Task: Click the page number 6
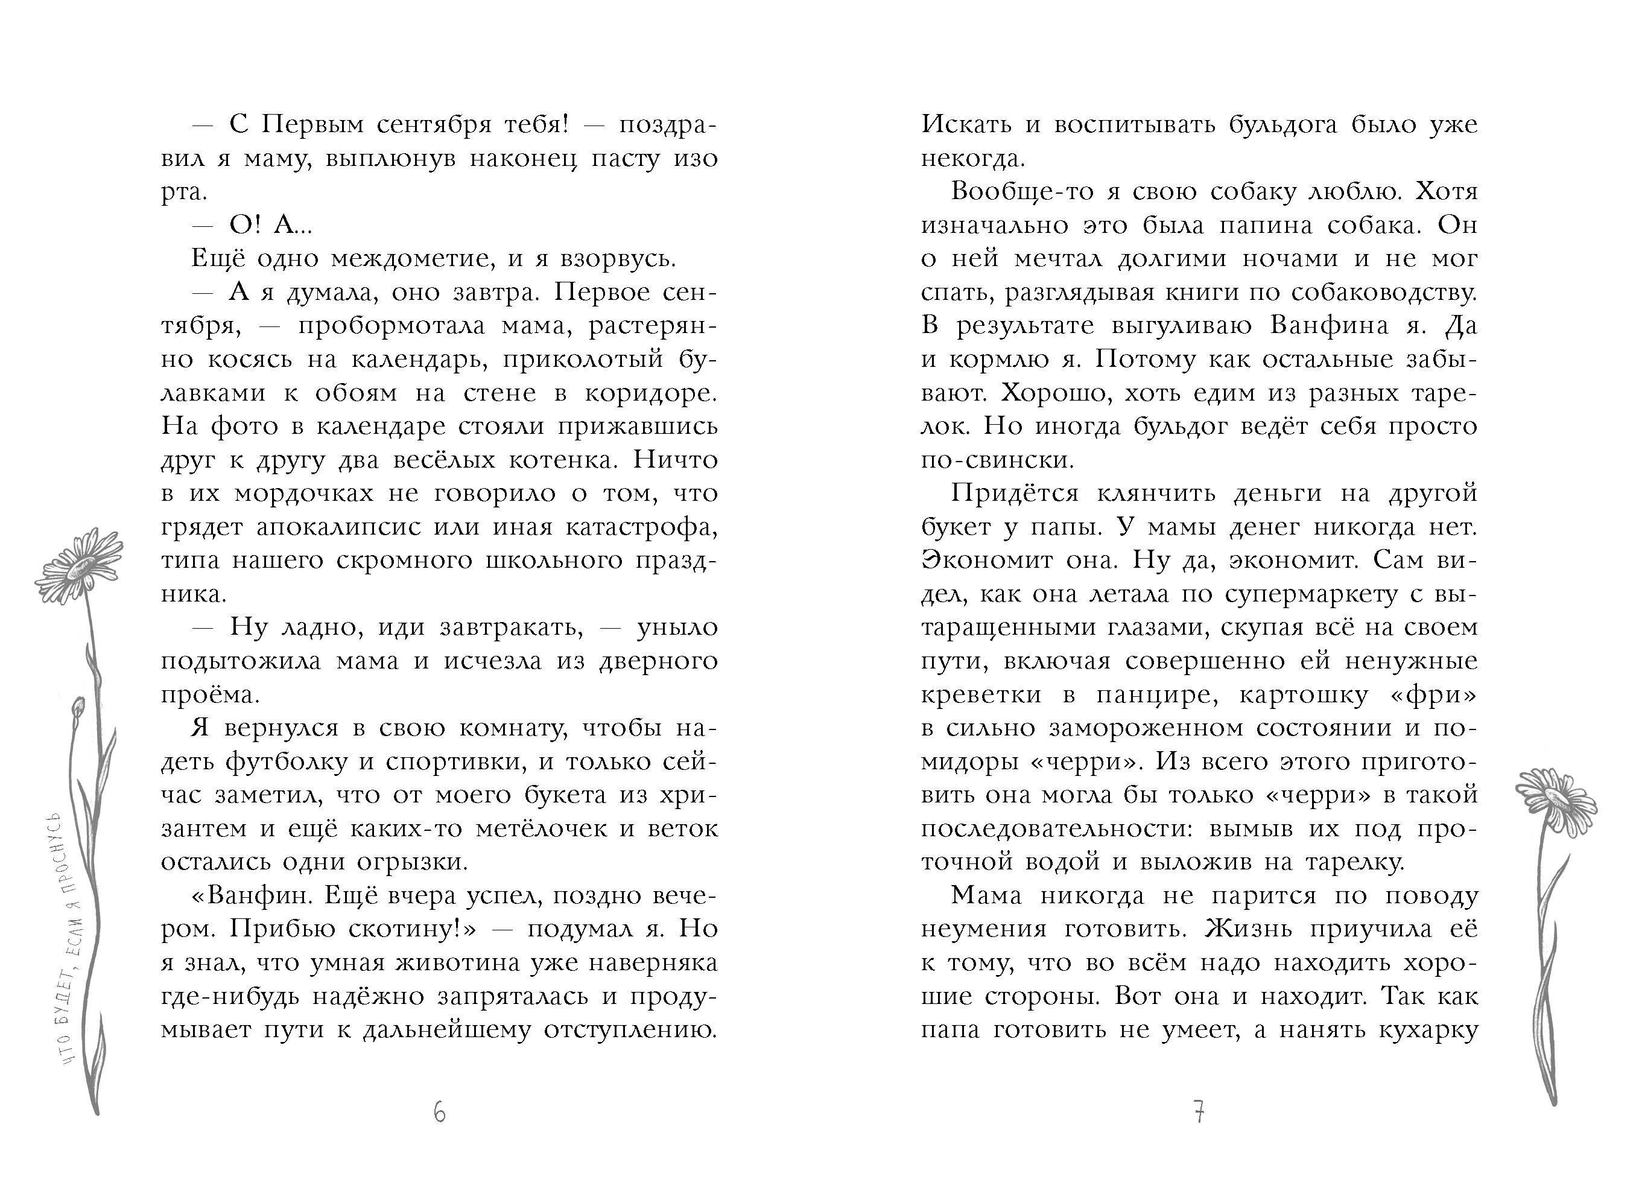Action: click(439, 1112)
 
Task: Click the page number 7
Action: click(1199, 1112)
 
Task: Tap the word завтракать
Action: click(512, 627)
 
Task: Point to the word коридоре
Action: click(650, 393)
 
